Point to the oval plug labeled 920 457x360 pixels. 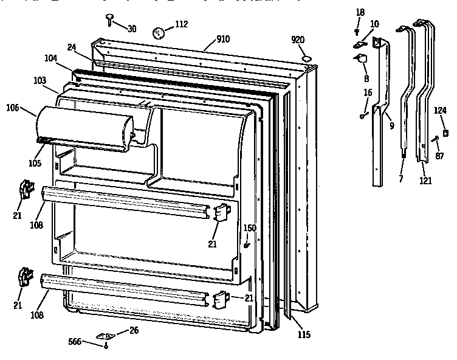coord(306,58)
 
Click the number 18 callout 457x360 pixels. coord(360,12)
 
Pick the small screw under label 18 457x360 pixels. coord(358,30)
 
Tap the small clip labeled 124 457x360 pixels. coord(445,132)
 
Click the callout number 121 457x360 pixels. coord(428,180)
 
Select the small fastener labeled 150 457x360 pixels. coord(247,244)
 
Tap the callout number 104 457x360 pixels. coord(50,58)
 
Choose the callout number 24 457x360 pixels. coord(71,47)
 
